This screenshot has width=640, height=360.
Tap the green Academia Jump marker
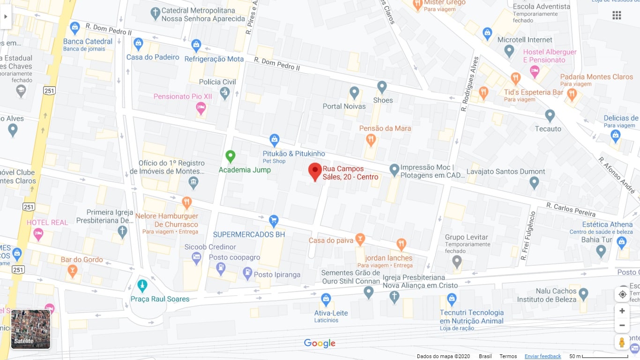230,156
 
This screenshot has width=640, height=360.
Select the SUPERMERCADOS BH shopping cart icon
274,220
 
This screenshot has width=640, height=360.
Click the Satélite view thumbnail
30,329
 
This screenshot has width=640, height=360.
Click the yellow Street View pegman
622,342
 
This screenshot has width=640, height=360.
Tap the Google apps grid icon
617,15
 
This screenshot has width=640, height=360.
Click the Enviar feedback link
543,356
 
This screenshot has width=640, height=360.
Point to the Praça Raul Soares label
160,299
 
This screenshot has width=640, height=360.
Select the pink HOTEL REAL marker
38,233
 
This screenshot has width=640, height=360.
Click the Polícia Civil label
217,82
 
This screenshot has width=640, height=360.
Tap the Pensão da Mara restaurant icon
371,139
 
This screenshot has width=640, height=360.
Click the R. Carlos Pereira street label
570,209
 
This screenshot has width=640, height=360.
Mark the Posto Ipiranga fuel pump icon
247,273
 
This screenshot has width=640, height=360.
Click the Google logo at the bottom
320,343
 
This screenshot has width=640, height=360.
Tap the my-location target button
622,294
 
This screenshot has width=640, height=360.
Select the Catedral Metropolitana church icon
156,14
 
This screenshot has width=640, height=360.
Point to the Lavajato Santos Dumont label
506,172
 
